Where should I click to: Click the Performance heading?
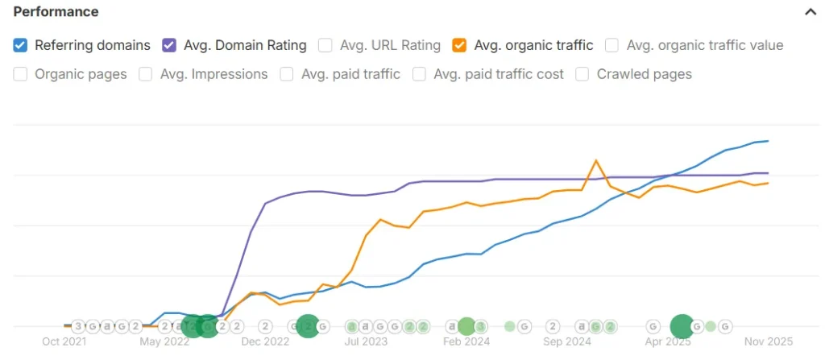pyautogui.click(x=56, y=12)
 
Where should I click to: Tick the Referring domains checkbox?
pyautogui.click(x=21, y=45)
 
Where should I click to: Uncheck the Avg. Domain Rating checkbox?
pyautogui.click(x=170, y=45)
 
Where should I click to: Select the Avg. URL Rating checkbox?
pyautogui.click(x=325, y=45)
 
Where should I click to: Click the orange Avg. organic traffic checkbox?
pyautogui.click(x=460, y=45)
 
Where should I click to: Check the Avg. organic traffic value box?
pyautogui.click(x=612, y=45)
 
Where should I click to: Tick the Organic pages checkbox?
pyautogui.click(x=21, y=74)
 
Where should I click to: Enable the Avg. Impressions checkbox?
pyautogui.click(x=146, y=74)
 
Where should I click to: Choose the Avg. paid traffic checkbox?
pyautogui.click(x=287, y=74)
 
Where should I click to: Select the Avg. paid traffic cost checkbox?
pyautogui.click(x=419, y=74)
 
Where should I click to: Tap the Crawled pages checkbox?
pyautogui.click(x=582, y=74)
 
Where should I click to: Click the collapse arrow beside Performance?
pyautogui.click(x=809, y=12)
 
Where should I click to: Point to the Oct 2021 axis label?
pyautogui.click(x=64, y=341)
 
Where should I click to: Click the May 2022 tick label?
pyautogui.click(x=164, y=341)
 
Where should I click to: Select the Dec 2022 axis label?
pyautogui.click(x=265, y=341)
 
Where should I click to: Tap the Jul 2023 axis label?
pyautogui.click(x=367, y=341)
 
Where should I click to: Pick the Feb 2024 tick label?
pyautogui.click(x=466, y=341)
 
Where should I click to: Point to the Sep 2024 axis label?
pyautogui.click(x=567, y=341)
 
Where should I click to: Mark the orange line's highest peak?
pyautogui.click(x=596, y=160)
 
